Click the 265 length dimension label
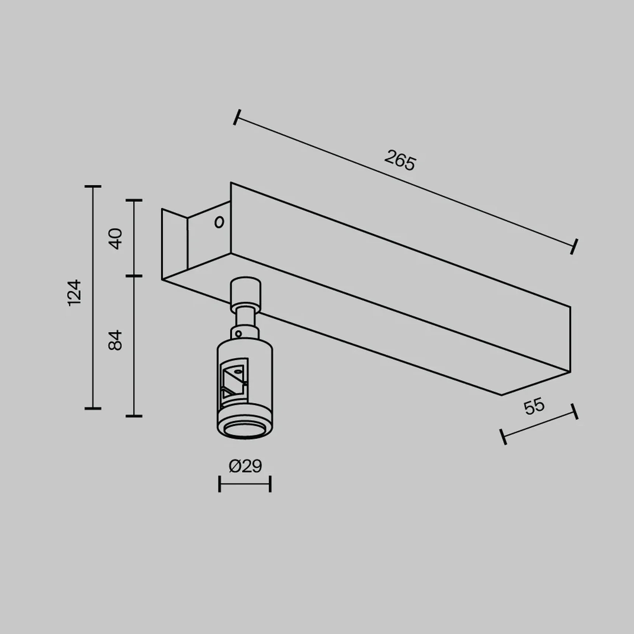click(400, 161)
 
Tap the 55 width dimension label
click(534, 406)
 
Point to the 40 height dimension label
click(116, 238)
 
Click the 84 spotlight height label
click(116, 340)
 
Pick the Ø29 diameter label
click(245, 466)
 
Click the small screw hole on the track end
click(219, 222)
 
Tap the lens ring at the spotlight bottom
click(245, 430)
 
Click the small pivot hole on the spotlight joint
click(238, 334)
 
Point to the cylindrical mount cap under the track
click(246, 291)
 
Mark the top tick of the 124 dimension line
click(93, 187)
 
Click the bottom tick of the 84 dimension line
click(134, 416)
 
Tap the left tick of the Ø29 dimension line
click(220, 484)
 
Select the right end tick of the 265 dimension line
click(574, 247)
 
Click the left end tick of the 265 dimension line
click(237, 117)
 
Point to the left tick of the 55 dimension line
click(503, 437)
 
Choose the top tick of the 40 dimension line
click(134, 201)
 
